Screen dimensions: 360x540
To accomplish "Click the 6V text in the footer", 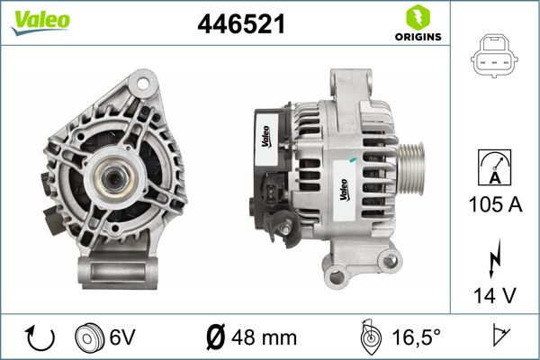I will point(122,339).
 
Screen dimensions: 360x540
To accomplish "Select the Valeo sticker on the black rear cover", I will point(268,136).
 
